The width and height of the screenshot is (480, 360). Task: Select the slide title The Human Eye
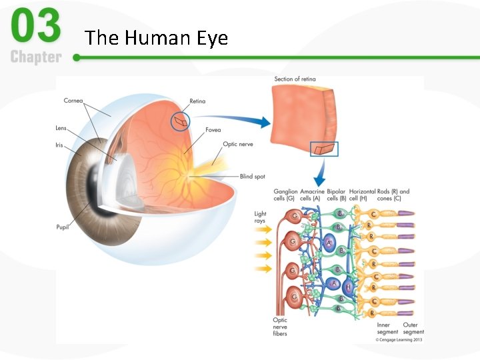(157, 38)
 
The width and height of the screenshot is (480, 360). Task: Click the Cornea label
(73, 101)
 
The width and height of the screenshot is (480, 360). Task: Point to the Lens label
(61, 128)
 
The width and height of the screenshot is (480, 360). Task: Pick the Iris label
(59, 145)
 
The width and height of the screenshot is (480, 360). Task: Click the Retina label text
(197, 101)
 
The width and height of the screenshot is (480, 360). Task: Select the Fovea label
(213, 129)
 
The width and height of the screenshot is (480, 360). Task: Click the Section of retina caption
(295, 79)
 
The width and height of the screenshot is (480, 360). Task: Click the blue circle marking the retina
(179, 121)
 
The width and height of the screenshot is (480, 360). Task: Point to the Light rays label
(260, 217)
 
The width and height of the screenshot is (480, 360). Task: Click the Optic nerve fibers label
(280, 327)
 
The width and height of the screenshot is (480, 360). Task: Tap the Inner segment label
(387, 328)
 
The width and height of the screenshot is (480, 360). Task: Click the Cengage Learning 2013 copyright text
(399, 339)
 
